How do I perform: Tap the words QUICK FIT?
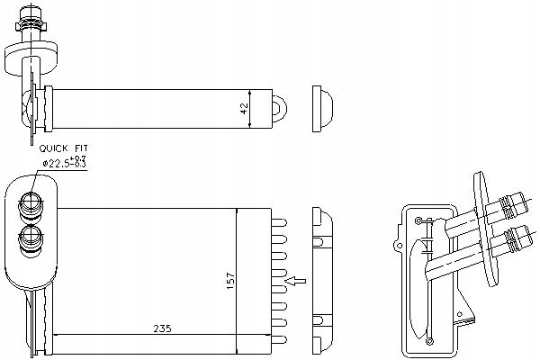64,148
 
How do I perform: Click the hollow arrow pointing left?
293,282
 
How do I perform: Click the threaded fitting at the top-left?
30,27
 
